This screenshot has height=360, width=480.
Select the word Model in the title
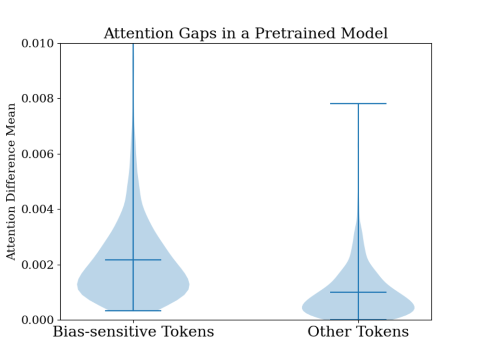(x=364, y=33)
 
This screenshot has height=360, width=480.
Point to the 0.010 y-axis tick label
(x=38, y=43)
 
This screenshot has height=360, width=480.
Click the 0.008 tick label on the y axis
(x=38, y=99)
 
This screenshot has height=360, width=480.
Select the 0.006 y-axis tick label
(x=38, y=154)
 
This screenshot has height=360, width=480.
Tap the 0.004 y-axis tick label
(x=38, y=209)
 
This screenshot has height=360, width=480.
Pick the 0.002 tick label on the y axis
(x=38, y=265)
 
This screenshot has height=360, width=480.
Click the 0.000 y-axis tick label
(x=38, y=320)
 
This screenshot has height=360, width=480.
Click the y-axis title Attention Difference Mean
(x=11, y=182)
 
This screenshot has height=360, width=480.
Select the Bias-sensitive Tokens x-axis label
(x=133, y=332)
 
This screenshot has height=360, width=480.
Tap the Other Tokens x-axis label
(x=358, y=332)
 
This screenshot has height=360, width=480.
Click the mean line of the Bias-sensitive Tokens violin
(x=133, y=260)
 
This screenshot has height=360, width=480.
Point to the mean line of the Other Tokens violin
(x=358, y=292)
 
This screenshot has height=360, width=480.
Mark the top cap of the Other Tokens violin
(x=358, y=104)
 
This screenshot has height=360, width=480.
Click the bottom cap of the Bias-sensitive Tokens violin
(x=133, y=311)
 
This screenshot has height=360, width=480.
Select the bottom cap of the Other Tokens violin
(x=358, y=320)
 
